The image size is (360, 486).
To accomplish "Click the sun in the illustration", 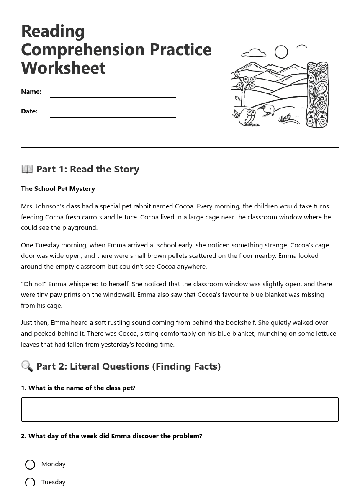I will (281, 52).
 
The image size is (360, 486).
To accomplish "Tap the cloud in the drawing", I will (254, 53).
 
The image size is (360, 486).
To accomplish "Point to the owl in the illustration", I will (249, 118).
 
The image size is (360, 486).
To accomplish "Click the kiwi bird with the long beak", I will (267, 111).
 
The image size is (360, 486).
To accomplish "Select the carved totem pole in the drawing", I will (317, 95).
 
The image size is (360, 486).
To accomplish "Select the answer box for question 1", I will (180, 409).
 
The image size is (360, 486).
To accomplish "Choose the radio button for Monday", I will (30, 465).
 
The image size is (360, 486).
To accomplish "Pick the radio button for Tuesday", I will (30, 482).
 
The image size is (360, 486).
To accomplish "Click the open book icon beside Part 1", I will (27, 169).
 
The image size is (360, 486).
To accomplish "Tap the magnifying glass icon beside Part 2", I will (27, 366).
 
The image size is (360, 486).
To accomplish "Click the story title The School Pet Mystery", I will (58, 188).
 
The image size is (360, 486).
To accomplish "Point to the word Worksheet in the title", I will (63, 68).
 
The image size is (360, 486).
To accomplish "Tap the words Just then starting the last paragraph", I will (35, 322).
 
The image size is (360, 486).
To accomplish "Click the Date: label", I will (29, 111).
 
